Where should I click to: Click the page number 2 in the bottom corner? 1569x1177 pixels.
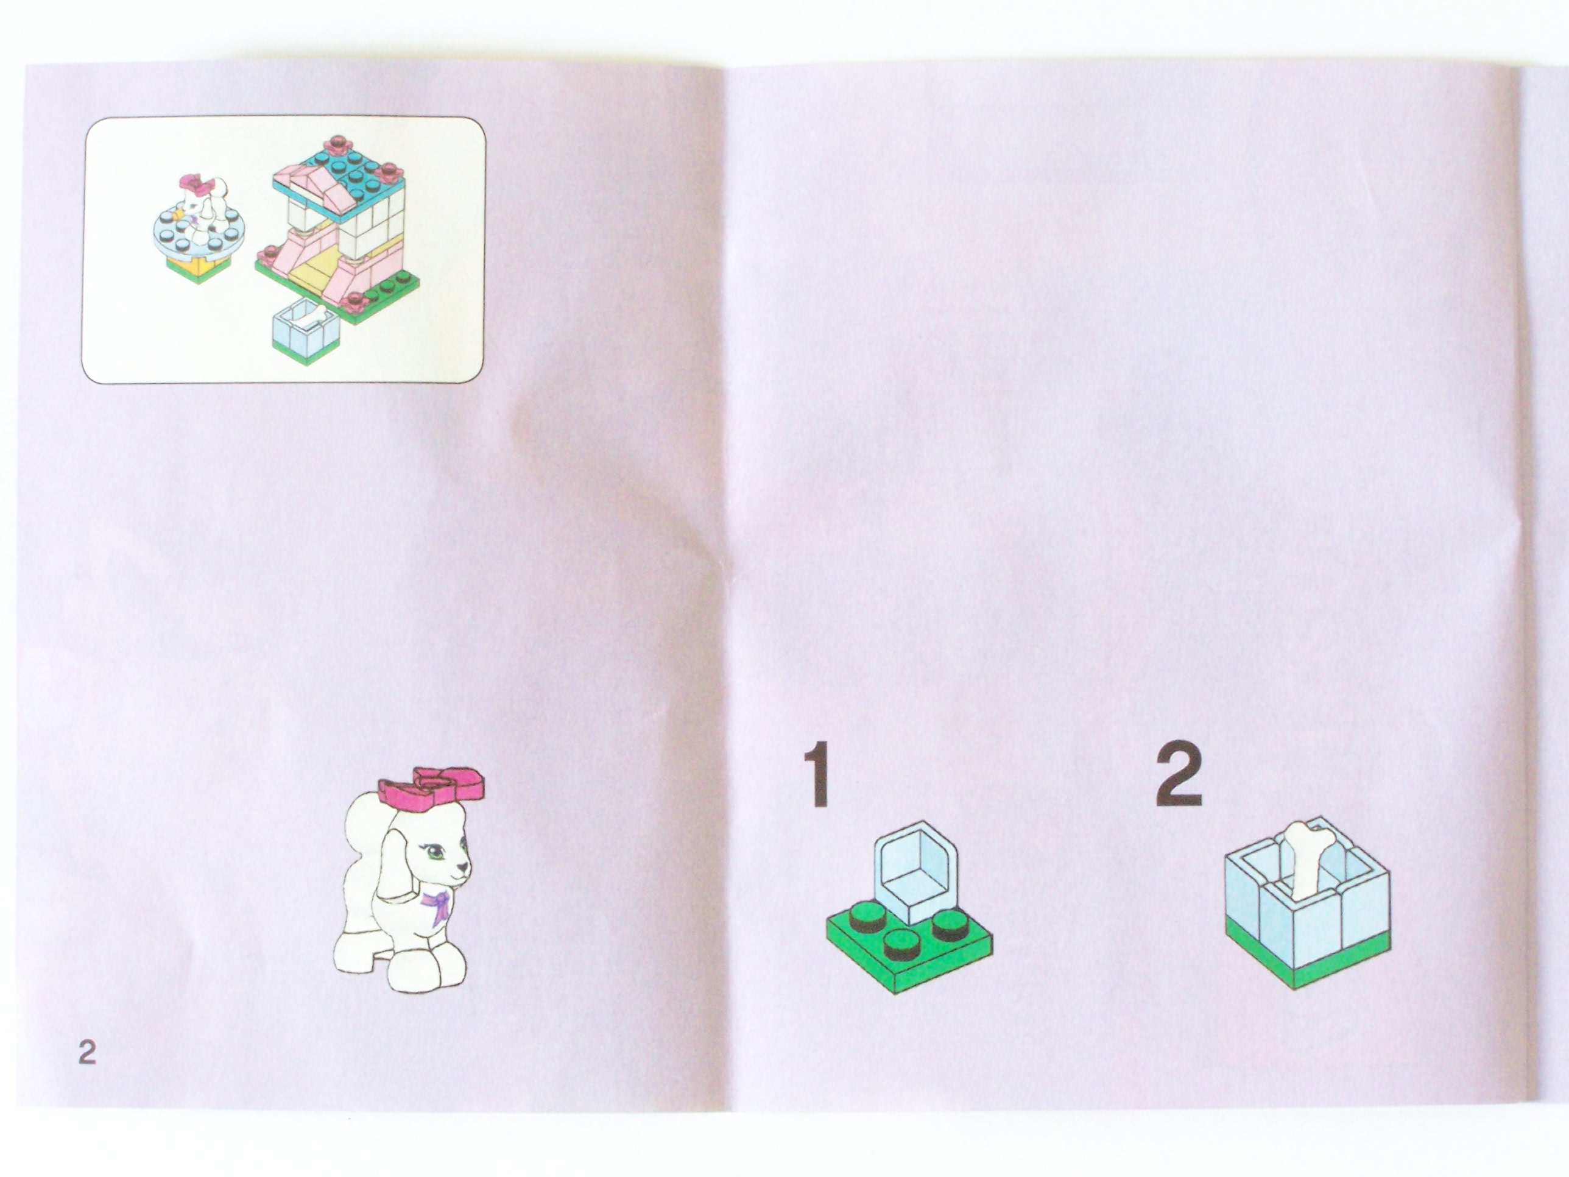tap(86, 1051)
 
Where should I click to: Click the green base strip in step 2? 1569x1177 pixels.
tap(1306, 954)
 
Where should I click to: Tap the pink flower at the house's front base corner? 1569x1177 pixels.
tap(353, 303)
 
